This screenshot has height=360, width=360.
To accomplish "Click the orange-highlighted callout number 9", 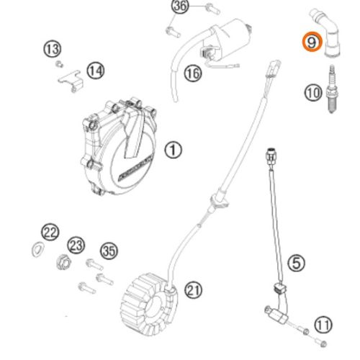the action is pos(312,42).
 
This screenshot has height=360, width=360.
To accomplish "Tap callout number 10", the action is pos(313,93).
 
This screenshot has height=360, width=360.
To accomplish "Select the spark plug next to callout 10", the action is pos(332,89).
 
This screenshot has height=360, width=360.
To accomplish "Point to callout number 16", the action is pos(193,73).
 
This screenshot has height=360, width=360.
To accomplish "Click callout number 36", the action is pos(180,6).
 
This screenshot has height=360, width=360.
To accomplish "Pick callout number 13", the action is pos(52,49).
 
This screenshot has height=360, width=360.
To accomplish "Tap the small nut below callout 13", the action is pos(59,64).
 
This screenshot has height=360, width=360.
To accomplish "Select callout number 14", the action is pos(96,71).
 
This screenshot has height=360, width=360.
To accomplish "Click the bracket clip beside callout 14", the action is pos(71,81).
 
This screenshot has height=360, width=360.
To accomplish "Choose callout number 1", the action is pos(173,150).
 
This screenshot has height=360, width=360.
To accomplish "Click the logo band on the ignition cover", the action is pos(135,168).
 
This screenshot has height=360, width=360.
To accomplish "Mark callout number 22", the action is pos(50,232).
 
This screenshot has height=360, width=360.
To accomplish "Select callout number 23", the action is pos(76,245).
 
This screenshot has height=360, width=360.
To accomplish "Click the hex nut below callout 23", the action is pos(64,262).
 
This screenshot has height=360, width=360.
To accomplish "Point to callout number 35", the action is pos(109,251).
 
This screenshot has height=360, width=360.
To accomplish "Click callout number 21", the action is pos(193,289).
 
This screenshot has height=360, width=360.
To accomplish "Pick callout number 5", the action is pos(297,263).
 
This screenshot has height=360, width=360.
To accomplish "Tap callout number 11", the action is pos(323,325).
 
